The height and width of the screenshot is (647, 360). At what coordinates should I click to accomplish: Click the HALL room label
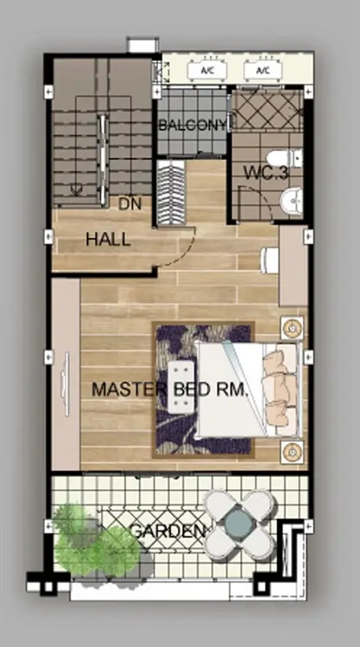108,239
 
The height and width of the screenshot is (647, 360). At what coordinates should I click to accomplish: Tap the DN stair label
129,204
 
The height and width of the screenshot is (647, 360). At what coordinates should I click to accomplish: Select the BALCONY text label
193,125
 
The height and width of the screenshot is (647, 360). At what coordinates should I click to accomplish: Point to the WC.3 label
266,173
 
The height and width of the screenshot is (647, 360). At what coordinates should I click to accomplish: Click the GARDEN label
167,531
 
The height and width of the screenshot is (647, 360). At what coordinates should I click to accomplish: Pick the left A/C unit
207,71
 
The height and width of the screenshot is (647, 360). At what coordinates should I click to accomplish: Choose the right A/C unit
263,71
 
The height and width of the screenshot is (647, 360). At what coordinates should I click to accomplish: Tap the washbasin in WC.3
292,201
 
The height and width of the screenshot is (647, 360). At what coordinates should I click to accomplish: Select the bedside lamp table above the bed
293,329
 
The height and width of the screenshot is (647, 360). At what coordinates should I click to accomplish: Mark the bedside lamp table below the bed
293,452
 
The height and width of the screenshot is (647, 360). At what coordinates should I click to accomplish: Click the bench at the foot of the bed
181,387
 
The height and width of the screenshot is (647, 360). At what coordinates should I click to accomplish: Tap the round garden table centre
239,524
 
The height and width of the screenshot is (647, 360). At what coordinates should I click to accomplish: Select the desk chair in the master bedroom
269,260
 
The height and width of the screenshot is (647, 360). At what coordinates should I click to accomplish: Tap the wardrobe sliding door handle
66,385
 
